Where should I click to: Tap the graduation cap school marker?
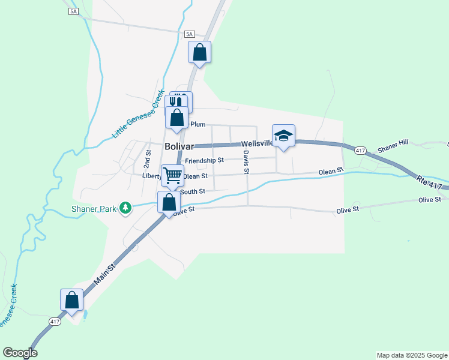[283, 135]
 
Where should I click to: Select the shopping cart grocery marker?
[172, 175]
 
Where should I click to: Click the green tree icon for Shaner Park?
[125, 208]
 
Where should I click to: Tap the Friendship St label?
[204, 161]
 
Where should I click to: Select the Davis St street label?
[246, 162]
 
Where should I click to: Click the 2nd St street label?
[146, 160]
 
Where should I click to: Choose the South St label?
[193, 191]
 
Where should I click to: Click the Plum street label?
[198, 124]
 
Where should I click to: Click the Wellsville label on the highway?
[257, 144]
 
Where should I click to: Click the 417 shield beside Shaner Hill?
[360, 150]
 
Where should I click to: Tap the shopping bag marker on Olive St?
[169, 202]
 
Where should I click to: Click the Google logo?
[20, 353]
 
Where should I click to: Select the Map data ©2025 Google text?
[411, 355]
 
